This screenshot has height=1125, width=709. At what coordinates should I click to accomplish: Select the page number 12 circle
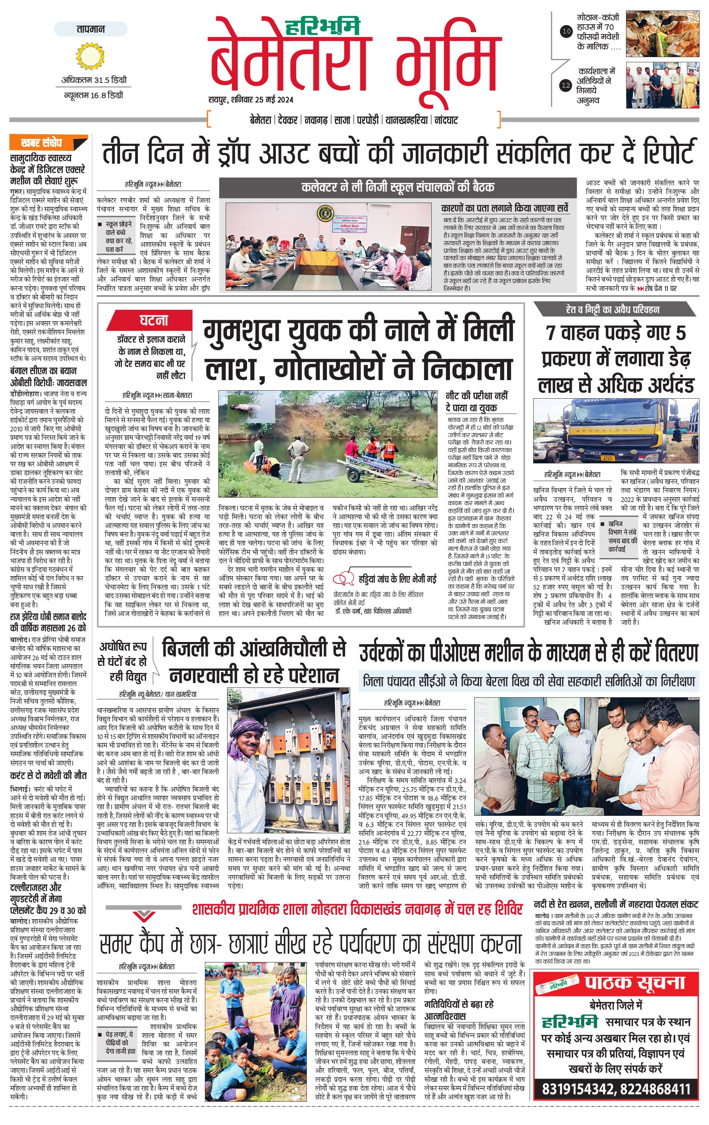(566, 85)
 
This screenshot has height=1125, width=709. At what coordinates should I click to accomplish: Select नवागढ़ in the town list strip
(316, 120)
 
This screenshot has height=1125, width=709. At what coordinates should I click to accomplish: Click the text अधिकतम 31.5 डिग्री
(94, 80)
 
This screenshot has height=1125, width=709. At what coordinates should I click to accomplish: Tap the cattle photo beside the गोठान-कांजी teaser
(662, 32)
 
